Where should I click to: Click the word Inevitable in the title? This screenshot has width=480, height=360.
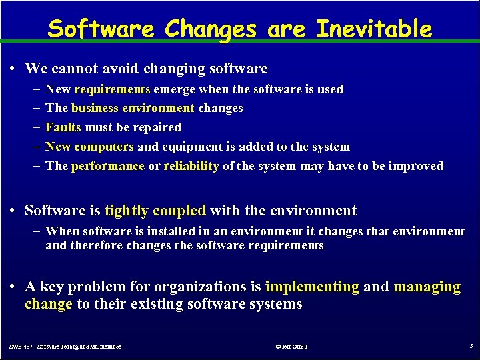373,29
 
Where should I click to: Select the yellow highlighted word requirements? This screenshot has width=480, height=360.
113,89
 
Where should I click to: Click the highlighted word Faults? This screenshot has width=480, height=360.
63,127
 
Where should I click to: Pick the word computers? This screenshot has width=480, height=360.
108,147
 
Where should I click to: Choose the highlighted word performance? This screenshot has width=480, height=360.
107,166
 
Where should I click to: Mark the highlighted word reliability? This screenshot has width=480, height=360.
191,166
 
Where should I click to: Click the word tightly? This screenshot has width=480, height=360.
127,211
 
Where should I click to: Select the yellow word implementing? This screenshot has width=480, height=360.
312,287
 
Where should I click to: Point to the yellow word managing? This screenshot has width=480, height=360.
427,287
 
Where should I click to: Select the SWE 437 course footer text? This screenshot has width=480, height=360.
65,347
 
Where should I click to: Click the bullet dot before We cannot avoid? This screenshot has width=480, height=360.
14,69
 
